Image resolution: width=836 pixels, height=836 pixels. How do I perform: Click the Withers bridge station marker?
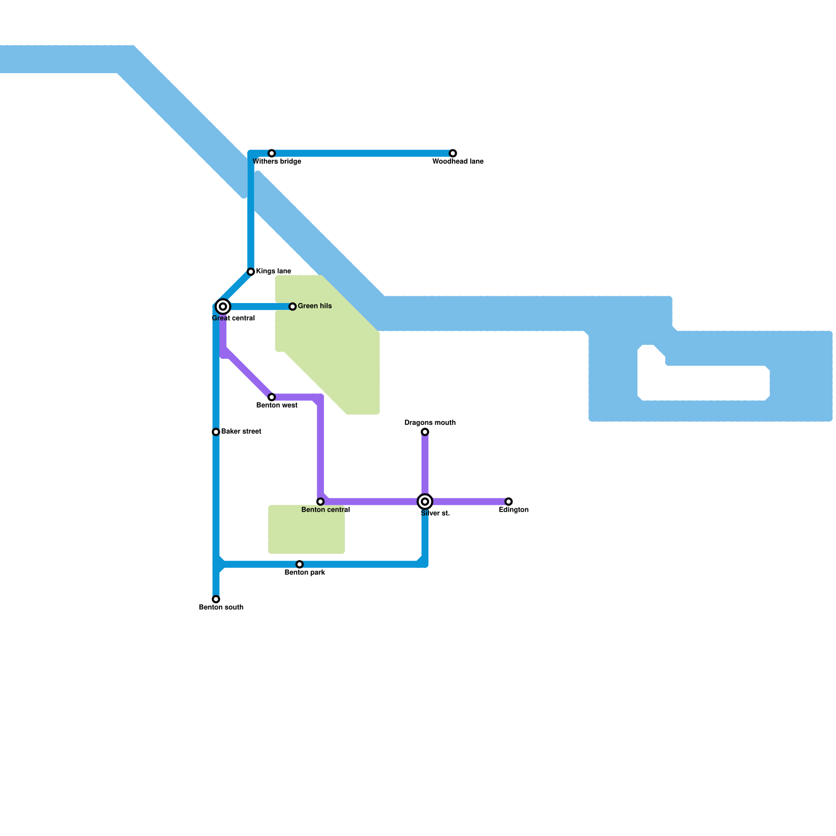click(x=272, y=153)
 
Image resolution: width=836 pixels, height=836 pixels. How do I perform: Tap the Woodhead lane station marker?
click(x=453, y=153)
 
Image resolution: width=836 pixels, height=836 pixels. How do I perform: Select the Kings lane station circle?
click(x=251, y=272)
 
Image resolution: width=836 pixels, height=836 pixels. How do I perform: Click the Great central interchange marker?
click(x=223, y=307)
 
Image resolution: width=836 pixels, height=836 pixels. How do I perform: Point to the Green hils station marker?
click(x=293, y=307)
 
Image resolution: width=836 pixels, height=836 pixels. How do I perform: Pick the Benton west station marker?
click(x=272, y=397)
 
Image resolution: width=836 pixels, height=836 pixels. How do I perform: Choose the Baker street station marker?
click(x=216, y=432)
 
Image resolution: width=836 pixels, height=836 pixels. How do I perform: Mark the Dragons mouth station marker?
click(x=425, y=432)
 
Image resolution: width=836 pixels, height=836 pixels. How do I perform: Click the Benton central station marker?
click(x=320, y=502)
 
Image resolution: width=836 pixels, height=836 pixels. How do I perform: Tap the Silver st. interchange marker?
click(x=425, y=502)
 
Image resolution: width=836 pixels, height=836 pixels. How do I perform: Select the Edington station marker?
click(x=508, y=502)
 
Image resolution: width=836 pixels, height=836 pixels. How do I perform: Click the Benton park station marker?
click(x=299, y=564)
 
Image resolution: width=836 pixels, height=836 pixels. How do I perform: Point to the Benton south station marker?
click(x=216, y=599)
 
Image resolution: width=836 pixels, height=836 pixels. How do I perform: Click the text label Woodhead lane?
click(x=458, y=162)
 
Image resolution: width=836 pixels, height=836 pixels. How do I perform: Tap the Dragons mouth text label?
click(x=430, y=423)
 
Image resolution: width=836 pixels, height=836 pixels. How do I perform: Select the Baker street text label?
click(x=241, y=432)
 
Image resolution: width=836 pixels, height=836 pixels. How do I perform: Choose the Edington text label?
click(x=514, y=510)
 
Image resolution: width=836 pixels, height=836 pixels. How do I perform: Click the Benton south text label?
click(x=221, y=608)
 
